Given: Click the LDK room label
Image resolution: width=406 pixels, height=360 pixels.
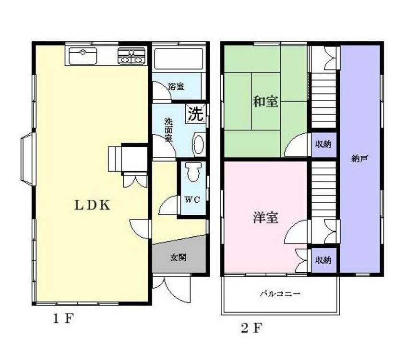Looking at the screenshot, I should click(x=92, y=205).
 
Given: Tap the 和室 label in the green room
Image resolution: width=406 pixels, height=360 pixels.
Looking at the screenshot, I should click(x=265, y=102).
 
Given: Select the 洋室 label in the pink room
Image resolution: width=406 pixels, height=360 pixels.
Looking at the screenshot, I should click(x=265, y=218).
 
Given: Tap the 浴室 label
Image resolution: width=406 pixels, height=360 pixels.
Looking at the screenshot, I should click(x=176, y=87).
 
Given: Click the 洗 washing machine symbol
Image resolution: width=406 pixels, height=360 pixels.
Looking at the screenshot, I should click(x=195, y=114).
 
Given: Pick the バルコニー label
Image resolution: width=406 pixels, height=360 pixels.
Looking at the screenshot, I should click(x=280, y=294).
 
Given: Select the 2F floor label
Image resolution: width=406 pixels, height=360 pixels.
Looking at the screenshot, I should click(x=251, y=329).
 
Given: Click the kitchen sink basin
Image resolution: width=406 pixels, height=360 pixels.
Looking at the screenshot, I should click(x=83, y=56).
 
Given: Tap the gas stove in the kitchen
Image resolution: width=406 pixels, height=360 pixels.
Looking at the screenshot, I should click(x=131, y=57).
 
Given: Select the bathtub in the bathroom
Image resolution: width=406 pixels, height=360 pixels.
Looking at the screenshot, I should click(x=178, y=59).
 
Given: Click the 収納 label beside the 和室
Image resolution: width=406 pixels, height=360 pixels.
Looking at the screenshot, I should click(x=323, y=144).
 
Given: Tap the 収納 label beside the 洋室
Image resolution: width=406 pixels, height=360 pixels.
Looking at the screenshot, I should click(x=323, y=260).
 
